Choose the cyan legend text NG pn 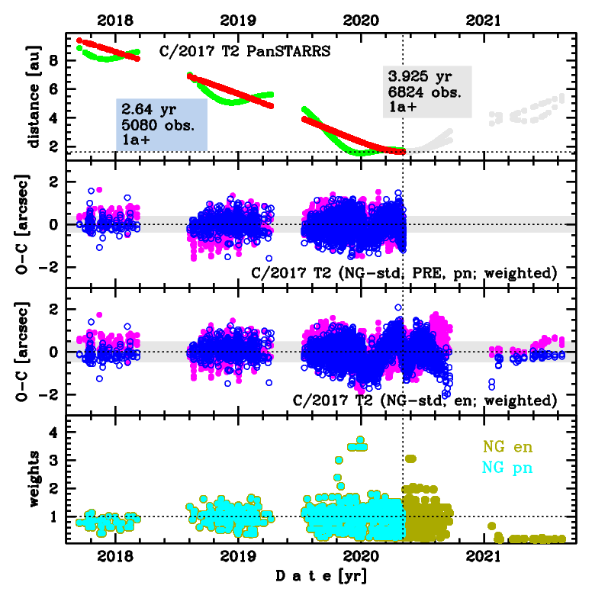tap(508, 466)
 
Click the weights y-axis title tap(34, 479)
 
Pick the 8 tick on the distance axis tap(57, 60)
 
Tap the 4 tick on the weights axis tap(57, 433)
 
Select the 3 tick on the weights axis tap(57, 461)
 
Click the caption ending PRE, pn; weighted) tap(404, 272)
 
